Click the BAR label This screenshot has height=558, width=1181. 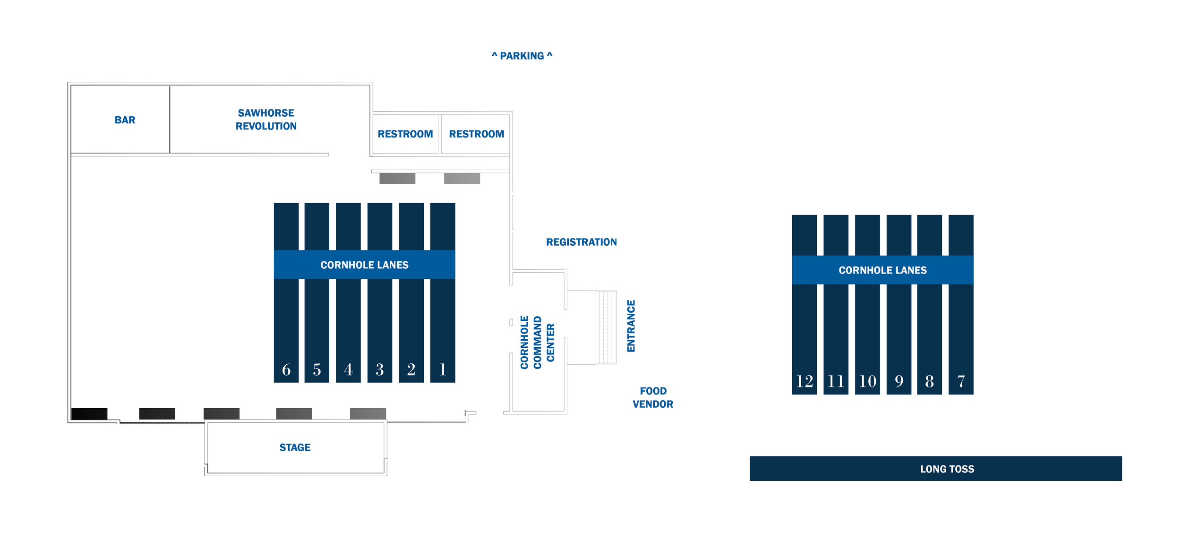point(125,120)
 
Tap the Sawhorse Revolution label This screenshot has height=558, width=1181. point(266,120)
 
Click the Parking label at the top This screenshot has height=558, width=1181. point(522,56)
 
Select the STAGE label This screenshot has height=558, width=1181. point(295,447)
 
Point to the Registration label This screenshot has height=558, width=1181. point(581,242)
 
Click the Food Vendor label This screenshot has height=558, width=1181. point(653,397)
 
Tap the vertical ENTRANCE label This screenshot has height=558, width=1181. point(631,326)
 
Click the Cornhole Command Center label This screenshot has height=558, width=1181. point(537,342)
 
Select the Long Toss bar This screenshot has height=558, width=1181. point(935,469)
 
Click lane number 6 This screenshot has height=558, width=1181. point(286,369)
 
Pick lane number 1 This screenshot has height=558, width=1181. point(443,369)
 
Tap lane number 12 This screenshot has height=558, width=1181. point(804,381)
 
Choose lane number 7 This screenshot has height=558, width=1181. point(961,381)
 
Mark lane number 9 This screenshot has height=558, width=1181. point(899,381)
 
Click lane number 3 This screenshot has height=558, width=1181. point(380,369)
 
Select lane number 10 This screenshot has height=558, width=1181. point(867,381)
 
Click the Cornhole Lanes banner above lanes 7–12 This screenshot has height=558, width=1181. point(882,270)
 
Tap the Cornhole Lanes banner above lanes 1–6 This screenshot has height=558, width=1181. point(364,265)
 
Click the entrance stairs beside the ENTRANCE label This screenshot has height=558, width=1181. point(606,327)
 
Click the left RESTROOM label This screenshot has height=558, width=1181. point(405,134)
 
